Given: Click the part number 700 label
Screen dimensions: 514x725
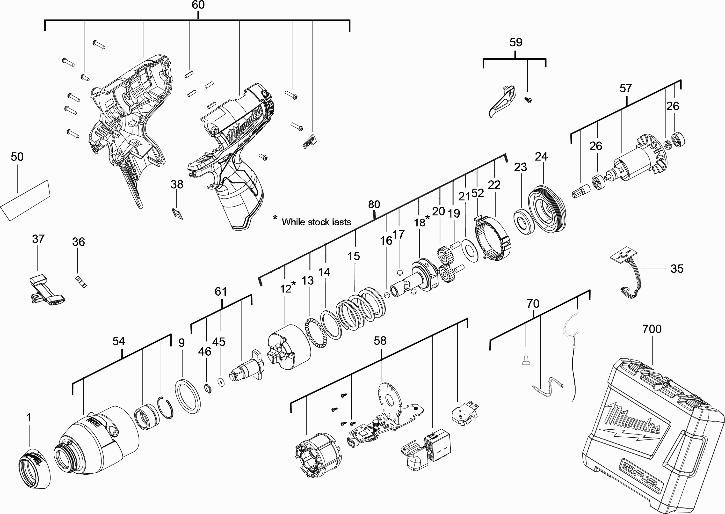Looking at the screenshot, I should coord(652,329).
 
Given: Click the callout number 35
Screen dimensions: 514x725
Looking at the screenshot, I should coord(677,269).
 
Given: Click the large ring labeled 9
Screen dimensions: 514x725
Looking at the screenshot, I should coord(188,396).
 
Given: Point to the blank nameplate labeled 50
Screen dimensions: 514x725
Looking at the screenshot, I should coord(25,201).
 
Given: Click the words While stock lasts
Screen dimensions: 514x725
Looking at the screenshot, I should coord(316,222).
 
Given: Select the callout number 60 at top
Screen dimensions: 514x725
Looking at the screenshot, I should coord(198,5).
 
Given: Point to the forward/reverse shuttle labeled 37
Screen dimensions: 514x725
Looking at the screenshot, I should coord(47,290).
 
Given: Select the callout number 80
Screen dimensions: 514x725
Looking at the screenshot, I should coord(374,205).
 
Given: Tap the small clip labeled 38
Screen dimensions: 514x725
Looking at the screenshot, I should coord(178,214).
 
